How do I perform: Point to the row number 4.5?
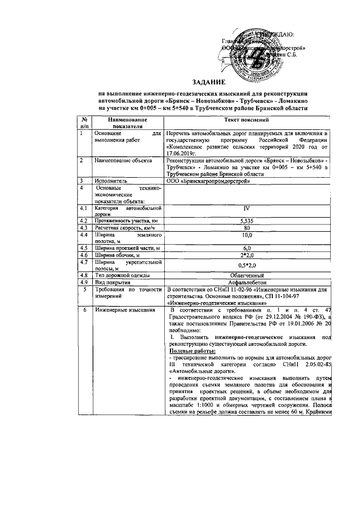pyautogui.click(x=84, y=248)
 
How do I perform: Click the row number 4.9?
pyautogui.click(x=84, y=282)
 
